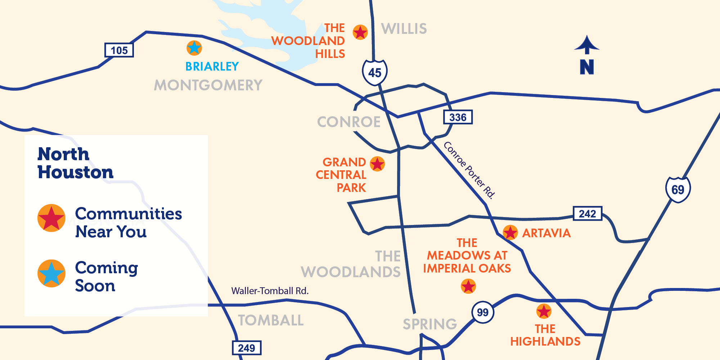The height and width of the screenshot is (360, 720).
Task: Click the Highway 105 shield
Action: pos(119,50)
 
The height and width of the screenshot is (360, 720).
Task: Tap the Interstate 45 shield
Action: pos(375,72)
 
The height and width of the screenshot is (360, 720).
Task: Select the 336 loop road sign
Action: pos(458,117)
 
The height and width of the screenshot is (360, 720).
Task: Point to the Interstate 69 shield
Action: pos(678,189)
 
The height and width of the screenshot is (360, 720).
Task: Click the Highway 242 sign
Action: pos(587,213)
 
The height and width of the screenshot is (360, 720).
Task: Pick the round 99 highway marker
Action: pos(482,312)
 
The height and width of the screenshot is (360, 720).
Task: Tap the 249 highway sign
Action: pos(246,348)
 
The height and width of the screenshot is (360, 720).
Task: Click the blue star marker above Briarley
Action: pos(194,48)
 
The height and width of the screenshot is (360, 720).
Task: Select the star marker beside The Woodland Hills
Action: pos(360,32)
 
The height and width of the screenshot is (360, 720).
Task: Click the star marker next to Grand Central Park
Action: pos(377,164)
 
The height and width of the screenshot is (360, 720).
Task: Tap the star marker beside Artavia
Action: pos(510,233)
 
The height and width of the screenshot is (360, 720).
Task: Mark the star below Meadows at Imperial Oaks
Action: pos(468,287)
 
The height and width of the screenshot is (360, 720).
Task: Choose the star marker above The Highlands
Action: pos(544,311)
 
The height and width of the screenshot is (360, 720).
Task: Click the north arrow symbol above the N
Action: pos(587,45)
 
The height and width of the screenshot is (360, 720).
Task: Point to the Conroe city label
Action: pos(349,122)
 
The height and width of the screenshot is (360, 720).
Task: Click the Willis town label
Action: pos(404,29)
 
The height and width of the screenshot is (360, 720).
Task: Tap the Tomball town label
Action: pos(271,320)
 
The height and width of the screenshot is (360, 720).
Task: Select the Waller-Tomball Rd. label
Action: pos(270,291)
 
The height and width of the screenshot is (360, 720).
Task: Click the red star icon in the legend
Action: pos(51,218)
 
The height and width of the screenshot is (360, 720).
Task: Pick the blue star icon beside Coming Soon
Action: pos(51,273)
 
